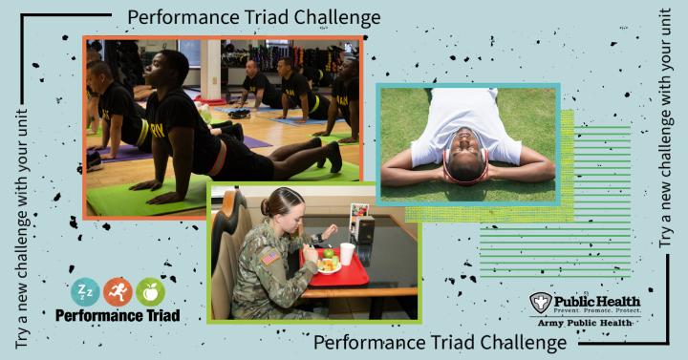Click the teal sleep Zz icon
[x=85, y=292]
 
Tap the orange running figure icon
[x=118, y=292]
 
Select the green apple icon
[x=150, y=292]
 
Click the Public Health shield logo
[x=540, y=303]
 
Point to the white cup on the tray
[x=347, y=254]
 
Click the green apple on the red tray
[x=329, y=253]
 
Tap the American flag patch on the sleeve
[x=269, y=257]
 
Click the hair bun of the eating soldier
[x=266, y=206]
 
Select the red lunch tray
[x=335, y=267]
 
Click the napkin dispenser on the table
[x=365, y=230]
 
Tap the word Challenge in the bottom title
[x=523, y=343]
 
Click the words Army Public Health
[x=585, y=323]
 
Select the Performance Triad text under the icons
[x=118, y=315]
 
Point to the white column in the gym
[x=210, y=70]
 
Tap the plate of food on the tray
[x=328, y=265]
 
